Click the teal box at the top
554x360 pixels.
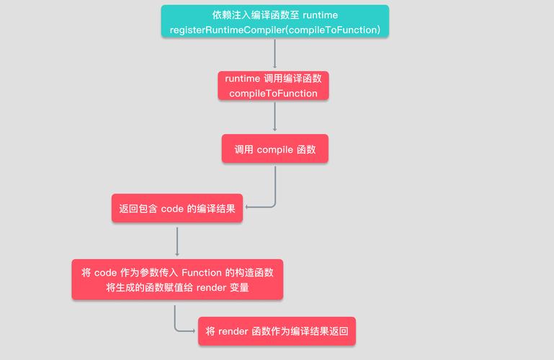click(275, 21)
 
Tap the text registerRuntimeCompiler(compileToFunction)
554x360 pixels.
click(275, 30)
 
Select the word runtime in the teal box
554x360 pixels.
click(320, 15)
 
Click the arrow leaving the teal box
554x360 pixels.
click(275, 53)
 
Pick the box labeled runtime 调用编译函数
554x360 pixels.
click(273, 86)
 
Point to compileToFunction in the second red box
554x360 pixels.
click(273, 94)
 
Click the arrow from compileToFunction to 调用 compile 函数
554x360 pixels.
click(275, 117)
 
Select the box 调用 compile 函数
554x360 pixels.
click(275, 148)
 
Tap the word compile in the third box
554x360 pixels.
click(275, 150)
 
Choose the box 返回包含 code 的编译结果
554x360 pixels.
click(177, 208)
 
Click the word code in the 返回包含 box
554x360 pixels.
click(172, 209)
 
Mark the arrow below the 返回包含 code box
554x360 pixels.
click(177, 242)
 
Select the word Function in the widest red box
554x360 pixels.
click(202, 273)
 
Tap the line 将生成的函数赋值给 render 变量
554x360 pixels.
click(177, 288)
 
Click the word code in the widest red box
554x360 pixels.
click(106, 273)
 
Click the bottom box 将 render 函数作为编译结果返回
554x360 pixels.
click(277, 331)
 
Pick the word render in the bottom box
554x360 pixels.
click(233, 331)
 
